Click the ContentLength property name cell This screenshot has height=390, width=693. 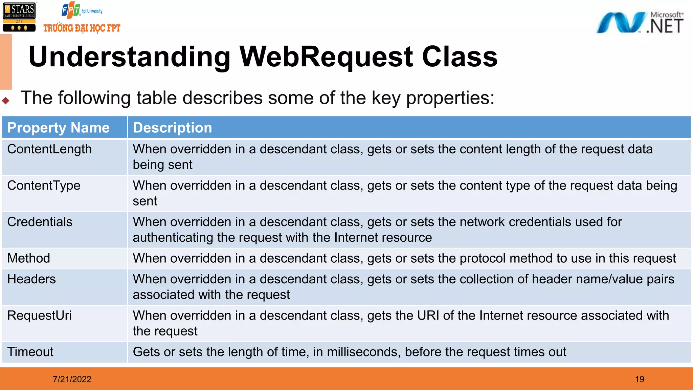pyautogui.click(x=49, y=149)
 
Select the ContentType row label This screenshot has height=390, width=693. pyautogui.click(x=44, y=186)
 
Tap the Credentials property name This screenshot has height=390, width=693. pyautogui.click(x=40, y=222)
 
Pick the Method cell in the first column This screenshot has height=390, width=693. pyautogui.click(x=29, y=258)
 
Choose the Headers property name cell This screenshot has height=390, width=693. pyautogui.click(x=31, y=279)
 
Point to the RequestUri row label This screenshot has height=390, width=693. pyautogui.click(x=39, y=316)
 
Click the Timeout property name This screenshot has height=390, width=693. pyautogui.click(x=30, y=352)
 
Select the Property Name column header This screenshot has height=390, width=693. pyautogui.click(x=58, y=128)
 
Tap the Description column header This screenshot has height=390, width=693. pyautogui.click(x=172, y=128)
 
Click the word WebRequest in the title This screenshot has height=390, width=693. pyautogui.click(x=326, y=57)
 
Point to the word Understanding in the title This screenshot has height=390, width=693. pyautogui.click(x=130, y=57)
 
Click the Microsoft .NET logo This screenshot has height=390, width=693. pyautogui.click(x=640, y=23)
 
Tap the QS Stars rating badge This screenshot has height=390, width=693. pyautogui.click(x=19, y=17)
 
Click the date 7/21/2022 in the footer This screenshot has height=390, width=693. pyautogui.click(x=72, y=379)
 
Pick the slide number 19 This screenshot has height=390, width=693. pyautogui.click(x=640, y=379)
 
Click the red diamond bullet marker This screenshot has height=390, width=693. pyautogui.click(x=6, y=100)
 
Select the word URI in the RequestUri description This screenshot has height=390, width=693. pyautogui.click(x=428, y=316)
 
